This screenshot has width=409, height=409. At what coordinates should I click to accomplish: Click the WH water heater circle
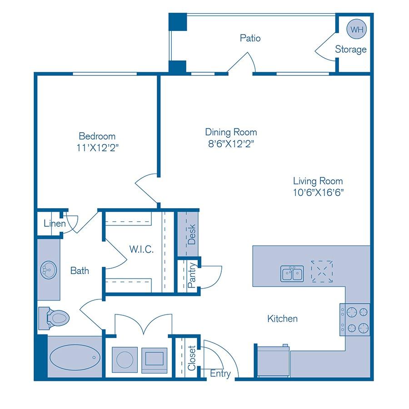click(357, 30)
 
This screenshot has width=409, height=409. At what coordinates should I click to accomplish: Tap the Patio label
click(250, 38)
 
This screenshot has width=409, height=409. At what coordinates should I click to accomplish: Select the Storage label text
click(351, 50)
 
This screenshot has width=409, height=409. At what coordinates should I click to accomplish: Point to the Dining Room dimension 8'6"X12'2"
click(231, 144)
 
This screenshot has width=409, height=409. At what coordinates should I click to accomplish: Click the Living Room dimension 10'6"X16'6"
click(318, 192)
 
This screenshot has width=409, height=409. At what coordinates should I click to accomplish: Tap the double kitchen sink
click(292, 274)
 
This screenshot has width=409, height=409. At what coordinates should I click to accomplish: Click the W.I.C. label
click(141, 249)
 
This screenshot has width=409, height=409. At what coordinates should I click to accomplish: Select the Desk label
click(191, 234)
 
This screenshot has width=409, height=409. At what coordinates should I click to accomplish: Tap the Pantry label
click(191, 275)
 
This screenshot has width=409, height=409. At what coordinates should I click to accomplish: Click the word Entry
click(220, 374)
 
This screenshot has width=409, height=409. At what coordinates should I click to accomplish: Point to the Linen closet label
click(55, 224)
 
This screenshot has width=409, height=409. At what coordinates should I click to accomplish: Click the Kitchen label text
click(282, 319)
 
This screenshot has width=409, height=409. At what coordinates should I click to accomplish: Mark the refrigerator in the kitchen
click(273, 361)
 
